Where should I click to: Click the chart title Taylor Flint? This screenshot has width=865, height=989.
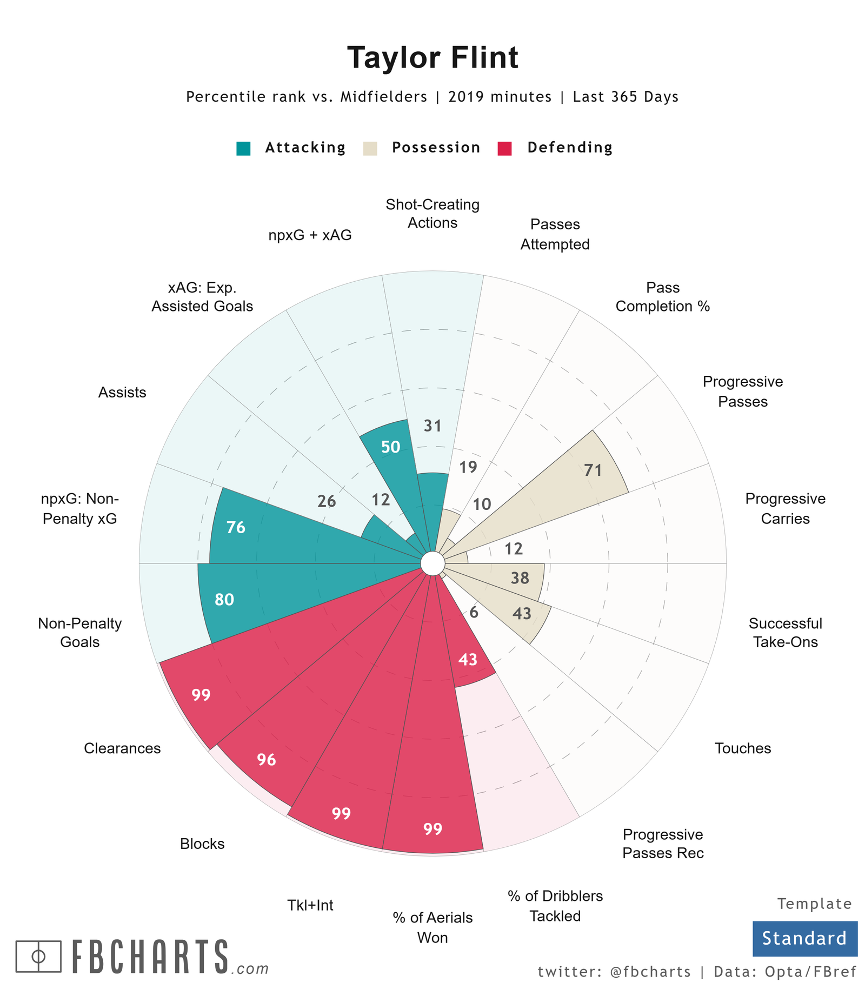click(432, 58)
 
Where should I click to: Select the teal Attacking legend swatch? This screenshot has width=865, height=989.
click(243, 148)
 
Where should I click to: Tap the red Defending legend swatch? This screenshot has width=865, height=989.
click(504, 148)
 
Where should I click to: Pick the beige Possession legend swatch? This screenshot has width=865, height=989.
click(370, 148)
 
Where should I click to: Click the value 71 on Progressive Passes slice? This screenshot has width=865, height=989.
click(593, 470)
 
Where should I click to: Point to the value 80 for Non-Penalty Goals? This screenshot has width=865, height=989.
click(224, 599)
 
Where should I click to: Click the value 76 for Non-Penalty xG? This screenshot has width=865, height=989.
click(236, 527)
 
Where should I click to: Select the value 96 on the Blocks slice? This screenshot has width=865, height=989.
click(267, 760)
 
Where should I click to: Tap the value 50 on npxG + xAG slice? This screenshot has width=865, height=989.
click(391, 447)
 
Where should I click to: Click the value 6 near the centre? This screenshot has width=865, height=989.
click(474, 613)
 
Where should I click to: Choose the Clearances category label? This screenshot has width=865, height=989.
click(122, 748)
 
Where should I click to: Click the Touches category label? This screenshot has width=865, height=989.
click(743, 748)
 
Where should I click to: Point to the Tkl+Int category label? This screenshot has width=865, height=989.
click(310, 905)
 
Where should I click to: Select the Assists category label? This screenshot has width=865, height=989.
click(122, 393)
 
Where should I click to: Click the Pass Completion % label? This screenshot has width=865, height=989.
click(662, 297)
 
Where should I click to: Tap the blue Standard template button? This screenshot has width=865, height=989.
click(804, 938)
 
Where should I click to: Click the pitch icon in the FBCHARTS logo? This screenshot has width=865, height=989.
click(38, 955)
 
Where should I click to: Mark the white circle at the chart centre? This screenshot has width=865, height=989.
click(432, 563)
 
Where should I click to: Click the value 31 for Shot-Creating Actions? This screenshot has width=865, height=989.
click(432, 426)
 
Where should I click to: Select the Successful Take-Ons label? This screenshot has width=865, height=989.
click(785, 633)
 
